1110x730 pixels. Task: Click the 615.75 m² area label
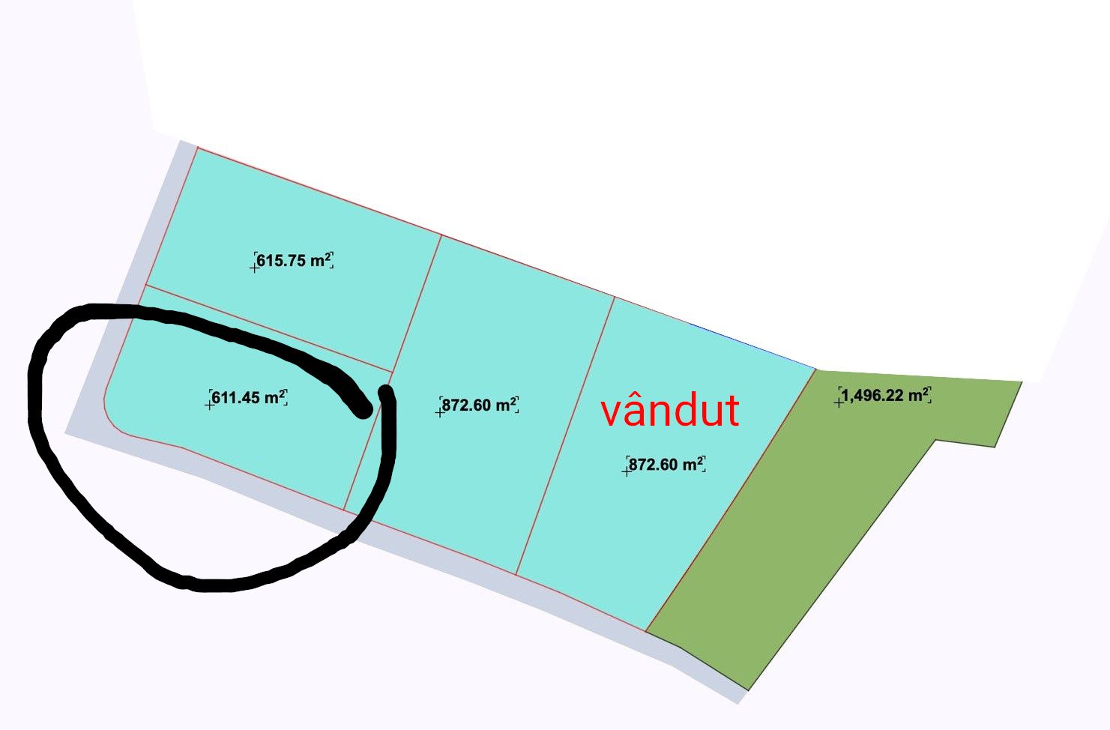(x=294, y=260)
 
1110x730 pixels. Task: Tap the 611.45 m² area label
(x=249, y=397)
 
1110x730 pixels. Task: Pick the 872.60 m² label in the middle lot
(x=479, y=405)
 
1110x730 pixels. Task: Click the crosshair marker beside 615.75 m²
(x=254, y=268)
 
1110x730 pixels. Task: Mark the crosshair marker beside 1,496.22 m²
(x=839, y=403)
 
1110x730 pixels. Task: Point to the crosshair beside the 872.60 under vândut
(x=627, y=471)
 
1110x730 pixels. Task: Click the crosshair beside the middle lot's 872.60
(x=439, y=412)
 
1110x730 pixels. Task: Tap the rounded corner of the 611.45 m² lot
(x=113, y=421)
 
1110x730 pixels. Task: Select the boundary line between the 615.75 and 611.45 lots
(x=268, y=328)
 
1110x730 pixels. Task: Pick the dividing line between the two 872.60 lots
(x=565, y=435)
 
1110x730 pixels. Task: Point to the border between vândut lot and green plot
(x=731, y=500)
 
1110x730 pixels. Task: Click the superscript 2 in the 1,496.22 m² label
(x=926, y=390)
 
